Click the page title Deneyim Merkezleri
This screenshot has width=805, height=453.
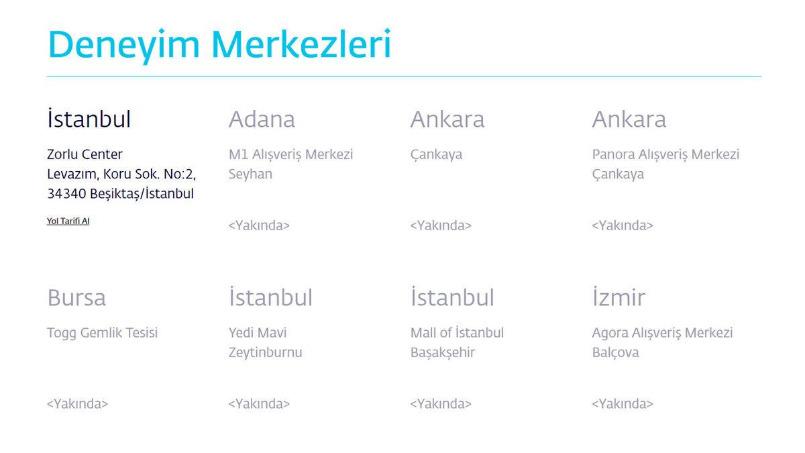click(219, 44)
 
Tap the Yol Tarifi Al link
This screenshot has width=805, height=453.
click(68, 221)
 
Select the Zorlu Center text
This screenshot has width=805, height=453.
click(85, 154)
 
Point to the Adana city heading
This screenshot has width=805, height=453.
click(262, 119)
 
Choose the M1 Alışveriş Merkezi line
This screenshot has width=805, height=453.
click(290, 154)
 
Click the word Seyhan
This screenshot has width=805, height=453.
click(250, 174)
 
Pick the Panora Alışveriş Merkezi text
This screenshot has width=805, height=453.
click(665, 154)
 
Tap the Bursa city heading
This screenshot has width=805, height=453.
click(76, 297)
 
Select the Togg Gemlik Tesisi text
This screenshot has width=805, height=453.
click(102, 333)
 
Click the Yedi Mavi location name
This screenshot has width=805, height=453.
click(258, 333)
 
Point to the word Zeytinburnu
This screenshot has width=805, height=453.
click(265, 352)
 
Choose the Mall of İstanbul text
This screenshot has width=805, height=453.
click(457, 333)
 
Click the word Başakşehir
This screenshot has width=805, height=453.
click(443, 352)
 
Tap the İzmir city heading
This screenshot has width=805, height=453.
click(619, 297)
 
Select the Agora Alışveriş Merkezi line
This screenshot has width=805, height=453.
click(662, 333)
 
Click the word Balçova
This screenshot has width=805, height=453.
click(615, 352)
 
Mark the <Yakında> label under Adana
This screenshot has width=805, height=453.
click(259, 225)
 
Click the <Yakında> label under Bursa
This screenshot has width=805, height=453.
click(77, 404)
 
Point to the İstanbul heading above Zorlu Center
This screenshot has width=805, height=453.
click(89, 119)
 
